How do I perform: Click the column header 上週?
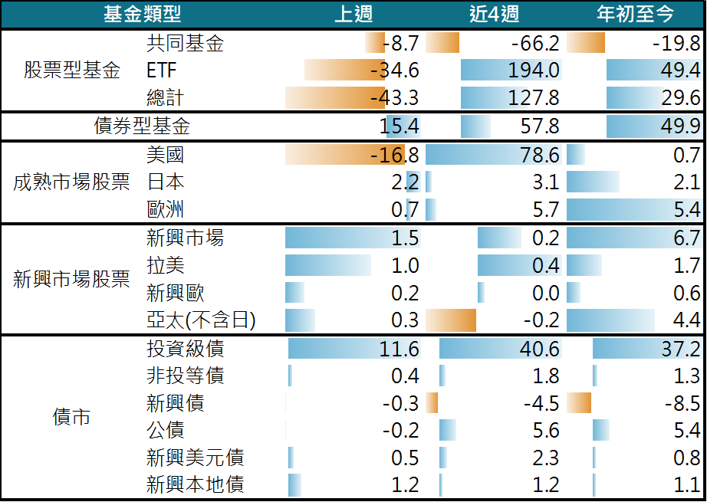tap(354, 14)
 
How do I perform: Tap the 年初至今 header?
tap(636, 14)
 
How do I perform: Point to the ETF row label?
tap(161, 71)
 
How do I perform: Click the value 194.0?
tap(534, 71)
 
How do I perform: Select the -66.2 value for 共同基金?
tap(534, 43)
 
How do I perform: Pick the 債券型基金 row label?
tap(142, 126)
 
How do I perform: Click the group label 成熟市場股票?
tap(72, 183)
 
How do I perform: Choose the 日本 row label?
tap(165, 182)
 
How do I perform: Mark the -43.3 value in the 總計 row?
tap(394, 98)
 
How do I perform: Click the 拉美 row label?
tap(165, 265)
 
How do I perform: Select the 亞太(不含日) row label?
tap(200, 320)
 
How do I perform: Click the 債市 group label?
tap(72, 417)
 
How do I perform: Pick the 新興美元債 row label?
tap(195, 458)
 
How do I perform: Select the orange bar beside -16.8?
tap(337, 155)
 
